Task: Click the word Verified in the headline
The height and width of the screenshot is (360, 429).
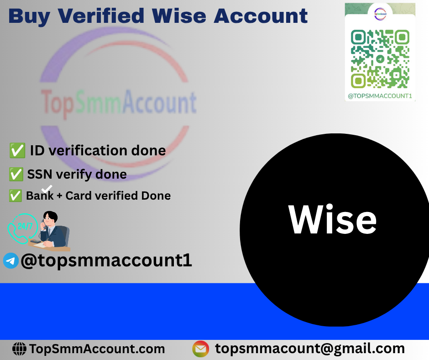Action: (x=101, y=16)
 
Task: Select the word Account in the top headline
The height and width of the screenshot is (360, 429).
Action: (x=261, y=16)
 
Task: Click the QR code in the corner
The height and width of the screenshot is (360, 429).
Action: (x=380, y=59)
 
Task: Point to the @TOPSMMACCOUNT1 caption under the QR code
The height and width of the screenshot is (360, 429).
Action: (x=380, y=96)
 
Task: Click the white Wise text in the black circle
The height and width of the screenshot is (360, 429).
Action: (x=332, y=219)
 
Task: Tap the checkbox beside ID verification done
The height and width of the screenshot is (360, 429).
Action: (x=17, y=150)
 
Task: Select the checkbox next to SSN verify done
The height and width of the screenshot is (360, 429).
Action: (x=16, y=174)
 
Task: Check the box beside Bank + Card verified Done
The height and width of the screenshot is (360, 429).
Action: (x=16, y=196)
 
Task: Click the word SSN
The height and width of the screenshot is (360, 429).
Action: (x=40, y=174)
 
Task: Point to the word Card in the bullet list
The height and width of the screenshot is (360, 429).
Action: (x=78, y=196)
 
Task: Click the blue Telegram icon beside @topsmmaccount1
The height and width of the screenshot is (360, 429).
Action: (x=11, y=260)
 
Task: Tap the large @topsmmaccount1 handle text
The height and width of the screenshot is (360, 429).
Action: (x=106, y=260)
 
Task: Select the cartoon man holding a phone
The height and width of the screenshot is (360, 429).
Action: (x=54, y=231)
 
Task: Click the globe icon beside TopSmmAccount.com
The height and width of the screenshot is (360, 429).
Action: (x=19, y=349)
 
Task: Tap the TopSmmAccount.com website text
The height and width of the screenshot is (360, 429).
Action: (x=97, y=349)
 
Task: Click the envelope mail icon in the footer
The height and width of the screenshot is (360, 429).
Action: (x=200, y=349)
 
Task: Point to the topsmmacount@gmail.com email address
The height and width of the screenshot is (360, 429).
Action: (x=310, y=349)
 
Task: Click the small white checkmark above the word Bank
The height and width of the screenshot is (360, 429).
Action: (x=47, y=189)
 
